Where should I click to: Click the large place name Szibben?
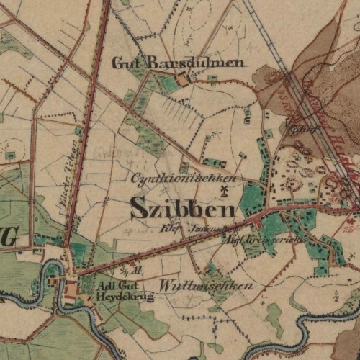pos(183,209)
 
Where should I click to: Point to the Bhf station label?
pos(295,128)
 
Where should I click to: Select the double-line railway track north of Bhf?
pos(270,43)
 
